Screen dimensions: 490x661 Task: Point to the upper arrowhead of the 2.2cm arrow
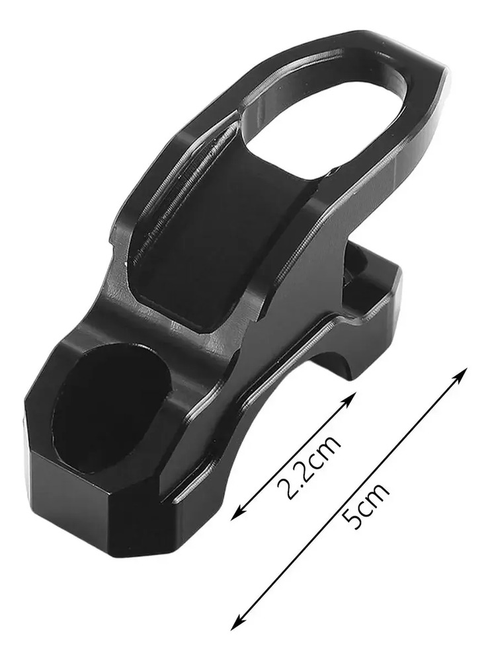[349, 399]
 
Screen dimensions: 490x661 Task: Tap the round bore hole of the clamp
[112, 410]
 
